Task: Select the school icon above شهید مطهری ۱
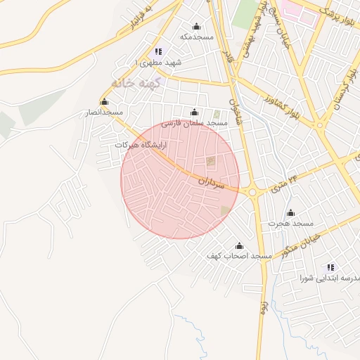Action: click(157, 51)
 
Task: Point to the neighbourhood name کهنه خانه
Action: click(141, 82)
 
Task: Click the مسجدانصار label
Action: click(105, 112)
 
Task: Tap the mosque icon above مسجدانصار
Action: click(105, 102)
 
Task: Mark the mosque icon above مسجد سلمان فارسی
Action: click(195, 112)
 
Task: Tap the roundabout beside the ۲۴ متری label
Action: click(253, 191)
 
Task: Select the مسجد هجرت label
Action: click(290, 223)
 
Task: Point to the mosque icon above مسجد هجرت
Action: click(290, 212)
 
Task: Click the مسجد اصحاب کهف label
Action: click(238, 256)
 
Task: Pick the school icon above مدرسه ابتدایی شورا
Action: click(330, 267)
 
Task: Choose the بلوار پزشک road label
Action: click(338, 13)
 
